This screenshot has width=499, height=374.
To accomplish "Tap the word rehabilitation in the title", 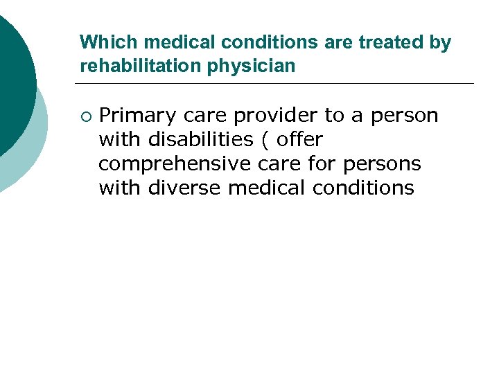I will coord(140,66).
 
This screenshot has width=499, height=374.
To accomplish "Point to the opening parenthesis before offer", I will coord(265,140).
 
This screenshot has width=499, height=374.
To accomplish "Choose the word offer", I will coord(299,139).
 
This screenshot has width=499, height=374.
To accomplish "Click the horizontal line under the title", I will coord(277,84).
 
